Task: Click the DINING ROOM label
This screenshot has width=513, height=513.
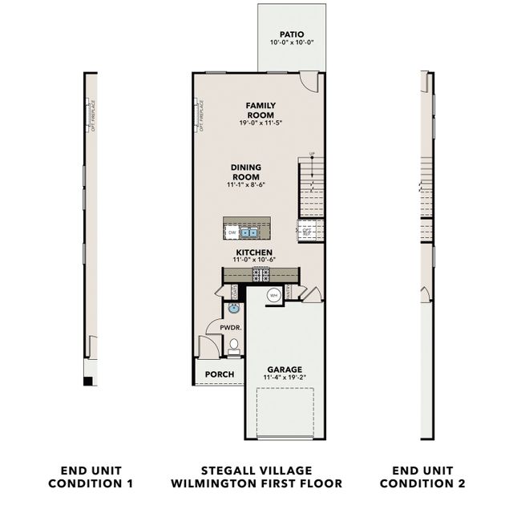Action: click(x=246, y=172)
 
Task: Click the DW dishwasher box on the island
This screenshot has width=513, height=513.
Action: click(x=232, y=232)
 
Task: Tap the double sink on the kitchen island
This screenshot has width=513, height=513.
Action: click(x=249, y=232)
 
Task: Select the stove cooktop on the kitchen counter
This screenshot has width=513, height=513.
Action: click(x=261, y=274)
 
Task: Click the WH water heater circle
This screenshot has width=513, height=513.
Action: click(x=273, y=294)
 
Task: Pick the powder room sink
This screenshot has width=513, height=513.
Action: click(x=233, y=308)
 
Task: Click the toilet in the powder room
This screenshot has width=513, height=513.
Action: click(x=234, y=345)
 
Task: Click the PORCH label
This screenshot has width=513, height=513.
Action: click(x=220, y=374)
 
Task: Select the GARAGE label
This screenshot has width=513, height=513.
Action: click(x=284, y=370)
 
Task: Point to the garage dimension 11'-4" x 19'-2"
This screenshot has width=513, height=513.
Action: click(x=284, y=378)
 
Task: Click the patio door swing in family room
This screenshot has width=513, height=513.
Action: click(x=309, y=81)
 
